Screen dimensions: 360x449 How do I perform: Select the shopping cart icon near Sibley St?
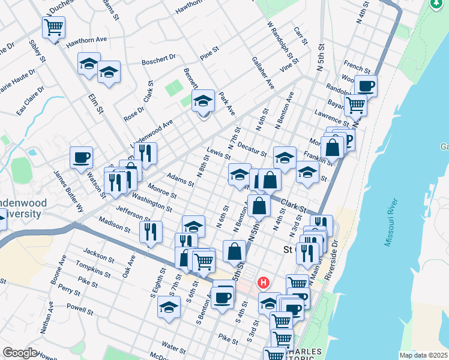53,26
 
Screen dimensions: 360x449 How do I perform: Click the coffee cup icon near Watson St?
81,157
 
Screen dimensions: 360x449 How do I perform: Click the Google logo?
20,353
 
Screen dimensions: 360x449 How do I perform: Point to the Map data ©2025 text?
423,355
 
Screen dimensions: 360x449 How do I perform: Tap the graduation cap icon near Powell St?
169,306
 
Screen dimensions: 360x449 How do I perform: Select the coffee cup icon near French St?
365,85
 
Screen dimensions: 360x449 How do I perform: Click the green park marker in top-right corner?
439,5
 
